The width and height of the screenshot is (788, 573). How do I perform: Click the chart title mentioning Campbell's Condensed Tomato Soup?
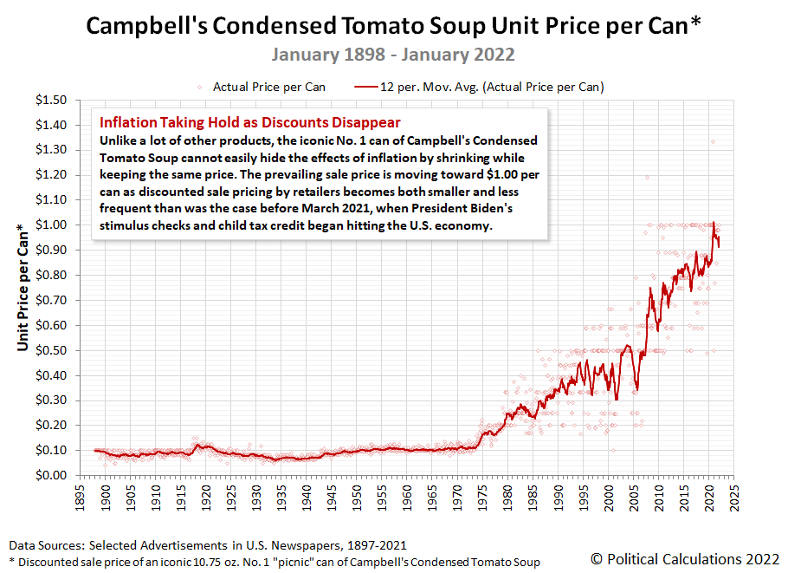[393, 26]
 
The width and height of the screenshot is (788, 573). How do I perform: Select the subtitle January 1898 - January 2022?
[393, 55]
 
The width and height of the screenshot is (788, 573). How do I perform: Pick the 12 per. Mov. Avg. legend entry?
[481, 87]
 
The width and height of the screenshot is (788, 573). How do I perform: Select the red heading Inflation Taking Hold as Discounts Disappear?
[250, 122]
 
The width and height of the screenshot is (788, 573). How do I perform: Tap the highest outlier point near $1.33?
[713, 142]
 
